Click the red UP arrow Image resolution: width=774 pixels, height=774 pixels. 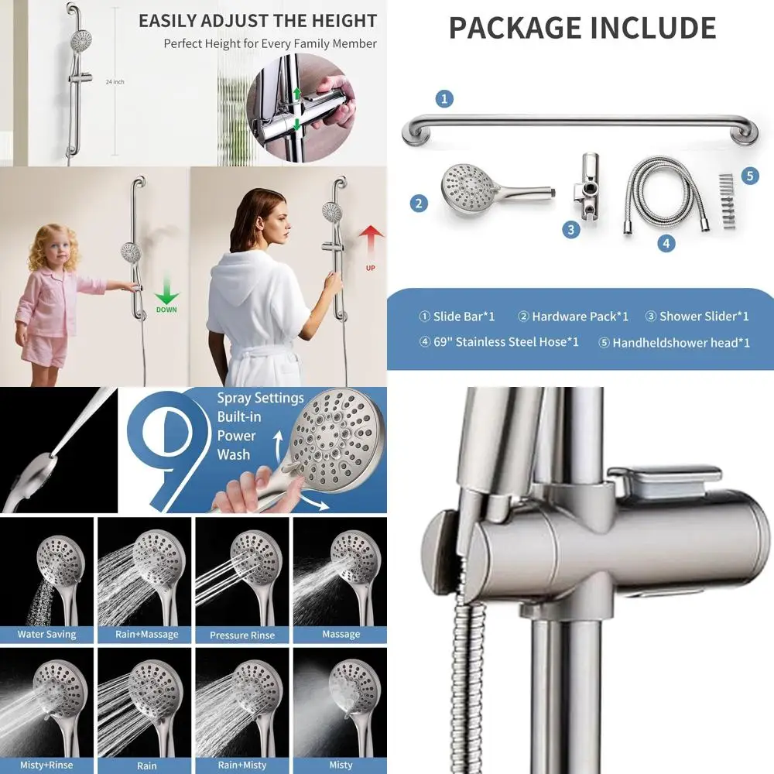372,237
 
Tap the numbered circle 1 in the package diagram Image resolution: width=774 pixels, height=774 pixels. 444,98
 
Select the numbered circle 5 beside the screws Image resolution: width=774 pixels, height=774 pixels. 749,176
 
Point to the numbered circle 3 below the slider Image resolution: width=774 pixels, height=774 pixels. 571,229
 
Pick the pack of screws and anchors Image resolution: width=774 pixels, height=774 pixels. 725,201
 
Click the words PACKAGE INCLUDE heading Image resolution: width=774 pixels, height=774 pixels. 582,29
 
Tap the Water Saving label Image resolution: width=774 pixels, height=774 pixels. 47,634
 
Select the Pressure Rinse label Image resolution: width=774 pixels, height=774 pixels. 241,635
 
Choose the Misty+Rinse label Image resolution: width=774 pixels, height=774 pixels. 47,765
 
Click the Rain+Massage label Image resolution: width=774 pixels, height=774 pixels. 146,634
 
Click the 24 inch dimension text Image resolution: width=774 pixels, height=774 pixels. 115,81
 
